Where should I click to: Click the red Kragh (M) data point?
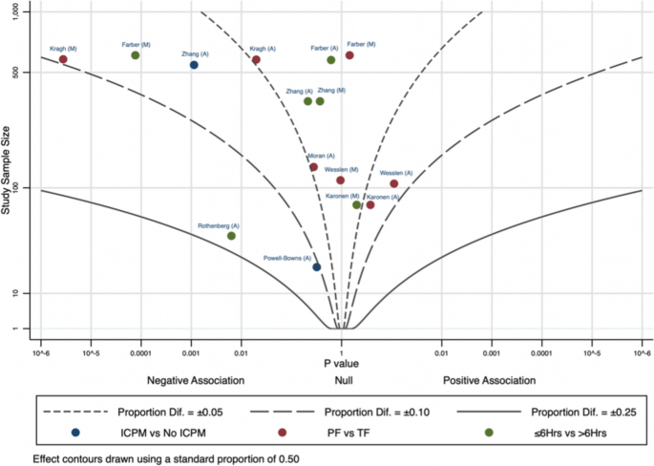tap(63, 59)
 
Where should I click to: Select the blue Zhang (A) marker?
tap(194, 65)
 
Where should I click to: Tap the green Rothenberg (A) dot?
tap(231, 236)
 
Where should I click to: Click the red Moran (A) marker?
tap(313, 167)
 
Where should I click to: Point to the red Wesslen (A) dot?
tap(394, 183)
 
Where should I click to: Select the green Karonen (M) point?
tap(357, 204)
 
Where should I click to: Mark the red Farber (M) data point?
tap(349, 55)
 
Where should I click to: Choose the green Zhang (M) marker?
tap(320, 101)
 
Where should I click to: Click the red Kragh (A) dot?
tap(256, 60)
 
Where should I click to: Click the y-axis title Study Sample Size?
tap(7, 162)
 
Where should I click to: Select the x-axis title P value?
tap(341, 364)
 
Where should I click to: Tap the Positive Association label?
tap(489, 380)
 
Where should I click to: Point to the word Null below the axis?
tap(340, 380)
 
